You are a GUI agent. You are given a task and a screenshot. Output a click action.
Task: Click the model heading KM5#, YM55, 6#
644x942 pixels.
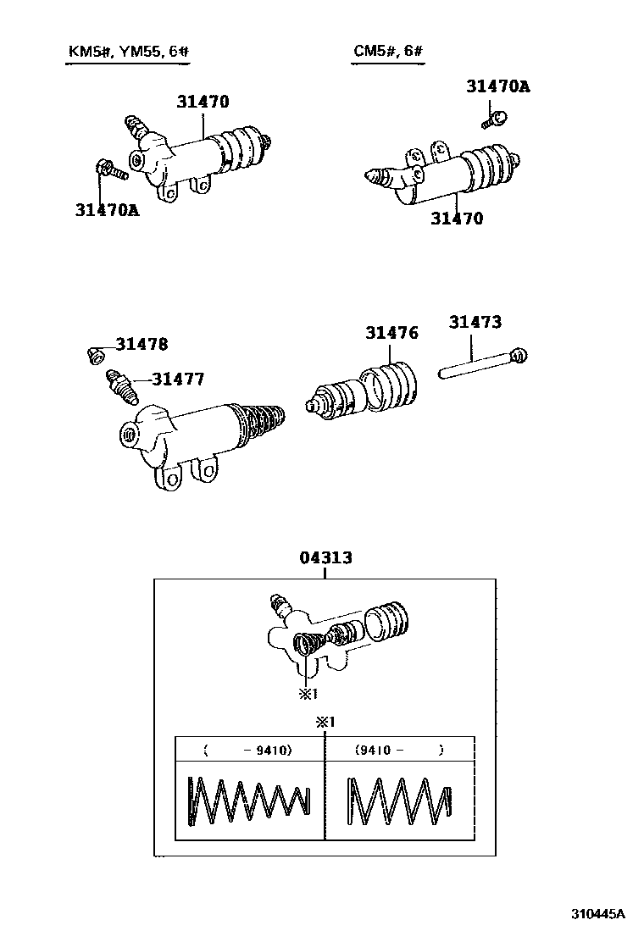coord(128,53)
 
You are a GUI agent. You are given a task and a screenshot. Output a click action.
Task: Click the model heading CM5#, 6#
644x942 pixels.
coord(388,53)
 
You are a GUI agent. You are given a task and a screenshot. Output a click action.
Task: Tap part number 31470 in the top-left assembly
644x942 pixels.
coord(203,103)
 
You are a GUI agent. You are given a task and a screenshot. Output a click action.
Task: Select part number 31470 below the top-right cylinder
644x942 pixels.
coord(456,219)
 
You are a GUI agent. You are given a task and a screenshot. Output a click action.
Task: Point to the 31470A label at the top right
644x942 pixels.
coord(498,86)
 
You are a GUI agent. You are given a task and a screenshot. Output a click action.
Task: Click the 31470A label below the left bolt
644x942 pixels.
coord(107,209)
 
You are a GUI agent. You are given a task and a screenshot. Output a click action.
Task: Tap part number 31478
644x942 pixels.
coord(142,344)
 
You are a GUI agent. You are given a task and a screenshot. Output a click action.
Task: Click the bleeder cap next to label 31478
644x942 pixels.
coord(96,353)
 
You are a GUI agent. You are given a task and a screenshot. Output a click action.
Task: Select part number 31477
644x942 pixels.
coord(178,380)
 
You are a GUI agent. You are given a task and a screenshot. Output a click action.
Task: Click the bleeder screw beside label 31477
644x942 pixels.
coord(121,385)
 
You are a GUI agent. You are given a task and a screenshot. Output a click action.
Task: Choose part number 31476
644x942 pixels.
coord(391,333)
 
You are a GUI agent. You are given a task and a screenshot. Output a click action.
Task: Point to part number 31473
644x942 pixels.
coord(475,322)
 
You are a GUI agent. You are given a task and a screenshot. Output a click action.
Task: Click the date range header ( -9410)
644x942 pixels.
coord(248,750)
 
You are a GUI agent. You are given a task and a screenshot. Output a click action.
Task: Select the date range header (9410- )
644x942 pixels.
coord(399,750)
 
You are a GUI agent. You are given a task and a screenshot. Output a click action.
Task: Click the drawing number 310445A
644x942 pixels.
coord(597,913)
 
